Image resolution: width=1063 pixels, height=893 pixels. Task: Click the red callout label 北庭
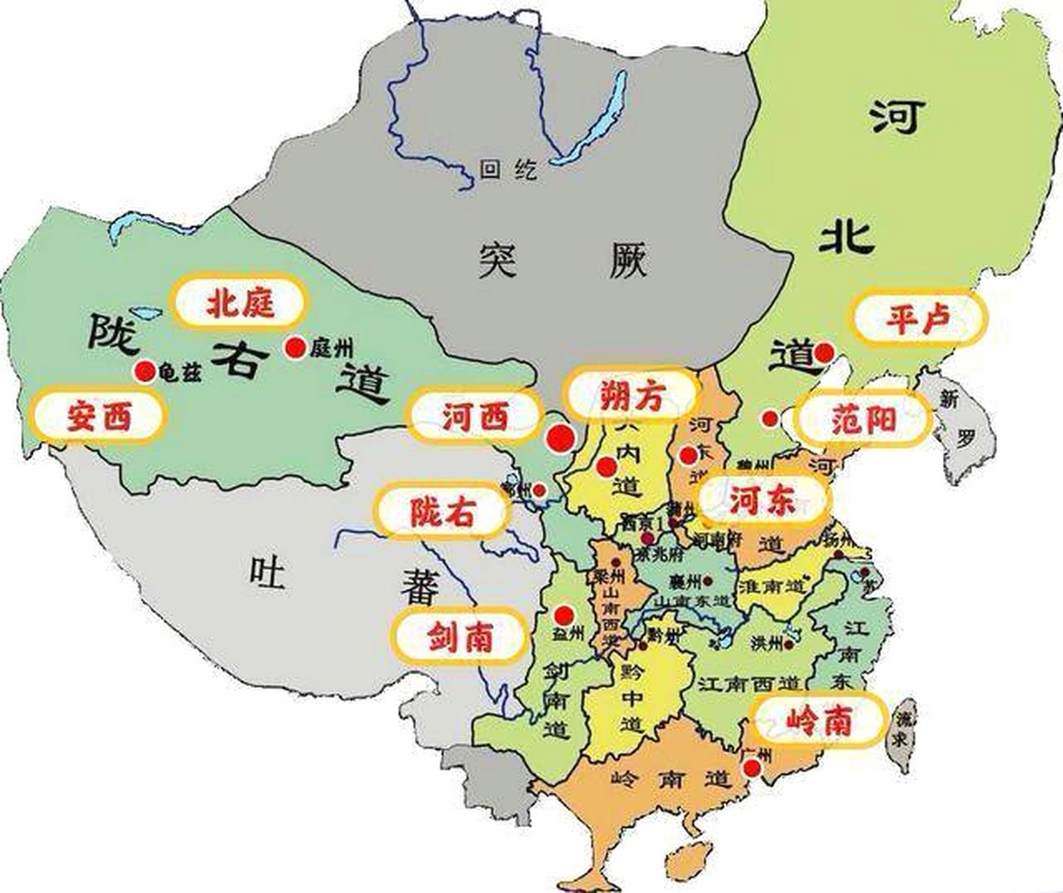(x=239, y=302)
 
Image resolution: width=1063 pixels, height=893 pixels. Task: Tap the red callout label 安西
(x=98, y=417)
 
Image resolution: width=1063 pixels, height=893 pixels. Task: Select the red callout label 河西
(x=475, y=417)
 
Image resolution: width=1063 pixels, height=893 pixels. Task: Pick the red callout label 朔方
(x=632, y=396)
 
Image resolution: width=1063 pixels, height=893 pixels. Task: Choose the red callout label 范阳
(x=863, y=420)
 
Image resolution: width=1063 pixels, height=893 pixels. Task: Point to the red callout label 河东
(x=762, y=500)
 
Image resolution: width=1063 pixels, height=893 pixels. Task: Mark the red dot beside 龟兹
(x=145, y=371)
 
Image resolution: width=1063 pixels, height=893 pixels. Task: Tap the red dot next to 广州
(x=752, y=768)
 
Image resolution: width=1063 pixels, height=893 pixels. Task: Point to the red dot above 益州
(x=563, y=615)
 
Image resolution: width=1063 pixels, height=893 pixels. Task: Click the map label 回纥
(x=508, y=169)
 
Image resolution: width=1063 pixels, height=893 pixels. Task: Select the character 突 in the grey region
(x=498, y=260)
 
